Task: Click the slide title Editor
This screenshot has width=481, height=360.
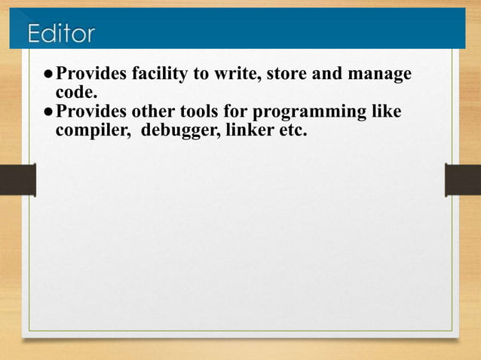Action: coord(62,33)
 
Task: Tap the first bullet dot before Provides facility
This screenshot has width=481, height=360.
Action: coord(48,75)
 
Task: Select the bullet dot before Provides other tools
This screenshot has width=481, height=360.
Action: coord(48,113)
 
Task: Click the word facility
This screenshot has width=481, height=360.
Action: coord(159,75)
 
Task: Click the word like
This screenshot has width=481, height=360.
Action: coord(387,112)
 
